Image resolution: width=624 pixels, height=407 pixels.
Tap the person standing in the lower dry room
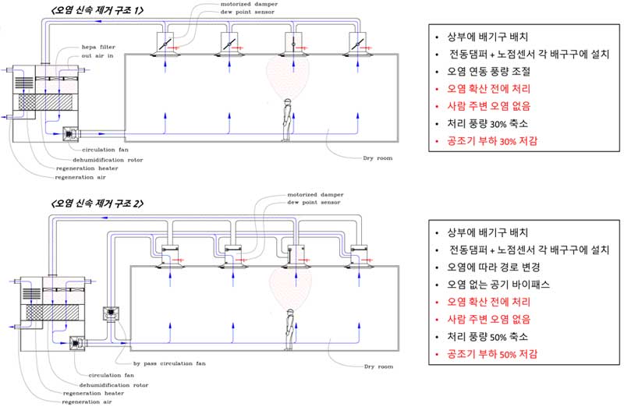tap(289, 327)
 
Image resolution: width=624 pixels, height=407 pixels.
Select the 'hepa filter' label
tap(98, 48)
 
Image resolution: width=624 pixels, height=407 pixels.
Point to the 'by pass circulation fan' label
tap(169, 363)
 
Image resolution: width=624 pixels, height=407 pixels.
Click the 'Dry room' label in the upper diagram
tap(378, 158)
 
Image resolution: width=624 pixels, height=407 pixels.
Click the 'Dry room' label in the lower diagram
tap(378, 366)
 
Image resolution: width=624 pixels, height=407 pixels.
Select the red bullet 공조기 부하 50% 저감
tap(493, 353)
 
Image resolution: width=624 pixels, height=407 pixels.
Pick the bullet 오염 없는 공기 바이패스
tap(498, 285)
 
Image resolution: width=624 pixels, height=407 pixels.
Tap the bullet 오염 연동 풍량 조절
tap(490, 71)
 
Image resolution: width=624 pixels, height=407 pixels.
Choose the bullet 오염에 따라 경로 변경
tap(492, 267)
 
